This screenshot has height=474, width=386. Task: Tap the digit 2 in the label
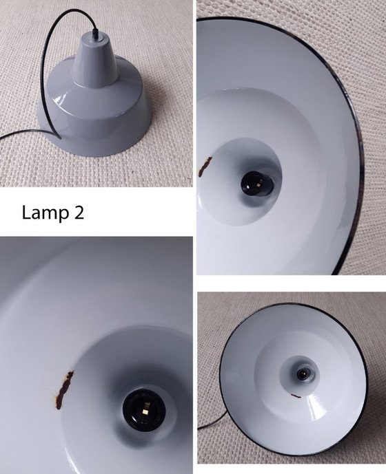pyautogui.click(x=79, y=213)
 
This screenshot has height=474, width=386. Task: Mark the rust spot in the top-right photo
pyautogui.click(x=205, y=165)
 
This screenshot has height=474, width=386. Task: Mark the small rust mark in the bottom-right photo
pyautogui.click(x=296, y=396)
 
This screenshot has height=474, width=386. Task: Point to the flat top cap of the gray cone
pyautogui.click(x=94, y=41)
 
